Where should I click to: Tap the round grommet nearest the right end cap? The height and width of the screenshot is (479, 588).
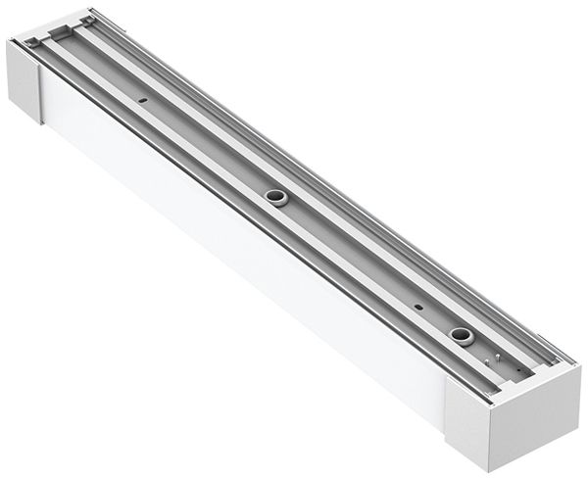click(x=460, y=335)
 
